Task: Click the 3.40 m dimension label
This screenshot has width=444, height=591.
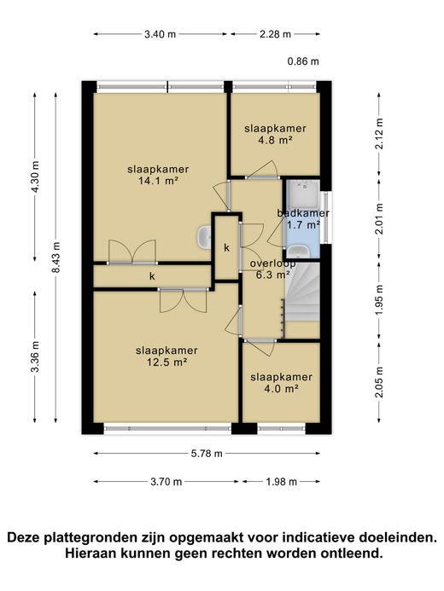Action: click(x=160, y=34)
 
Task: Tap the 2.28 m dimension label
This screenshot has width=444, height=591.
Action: click(x=276, y=34)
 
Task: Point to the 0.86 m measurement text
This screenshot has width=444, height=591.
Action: click(x=303, y=61)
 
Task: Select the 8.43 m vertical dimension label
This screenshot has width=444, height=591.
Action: click(x=56, y=258)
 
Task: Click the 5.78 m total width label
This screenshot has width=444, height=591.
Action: click(x=207, y=454)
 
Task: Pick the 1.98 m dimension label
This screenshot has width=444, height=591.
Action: click(x=282, y=482)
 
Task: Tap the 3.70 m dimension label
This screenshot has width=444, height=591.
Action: click(x=166, y=482)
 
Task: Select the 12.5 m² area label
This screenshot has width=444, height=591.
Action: click(x=167, y=362)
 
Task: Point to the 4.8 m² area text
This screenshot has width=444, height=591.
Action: click(x=276, y=140)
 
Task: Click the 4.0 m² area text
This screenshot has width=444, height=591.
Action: click(x=282, y=389)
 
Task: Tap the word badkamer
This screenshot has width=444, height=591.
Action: click(x=303, y=213)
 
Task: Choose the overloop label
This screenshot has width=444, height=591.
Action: click(x=272, y=264)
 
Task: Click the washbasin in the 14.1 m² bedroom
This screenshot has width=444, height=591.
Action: click(x=204, y=237)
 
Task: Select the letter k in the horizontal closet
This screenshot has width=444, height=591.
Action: click(x=152, y=276)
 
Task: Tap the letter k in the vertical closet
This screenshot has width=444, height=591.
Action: click(x=227, y=247)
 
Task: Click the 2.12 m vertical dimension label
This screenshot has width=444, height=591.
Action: click(x=379, y=134)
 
